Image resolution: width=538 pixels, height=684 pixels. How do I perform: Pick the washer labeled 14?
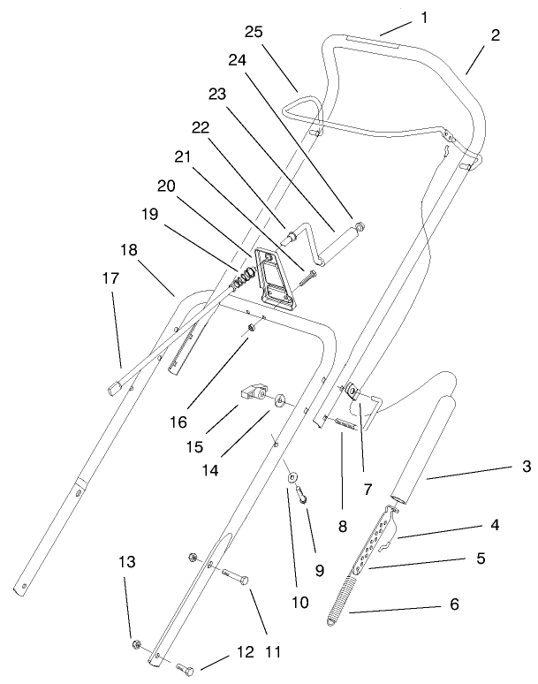coord(279,400)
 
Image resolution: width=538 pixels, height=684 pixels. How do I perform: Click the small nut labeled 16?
coord(252,328)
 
